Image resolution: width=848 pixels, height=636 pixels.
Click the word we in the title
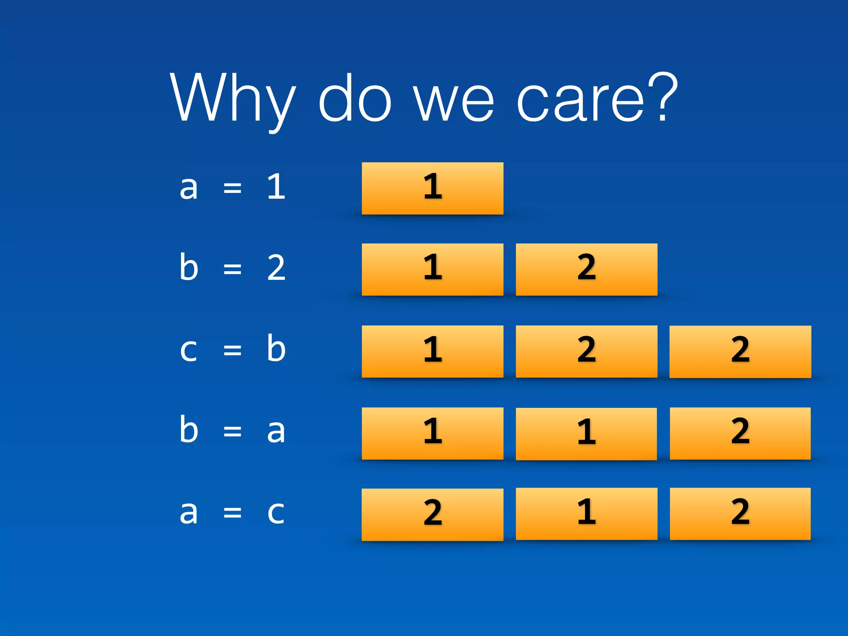tap(454, 101)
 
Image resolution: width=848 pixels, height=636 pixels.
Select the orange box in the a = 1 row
tap(432, 188)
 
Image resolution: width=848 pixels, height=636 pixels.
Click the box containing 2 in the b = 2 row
tap(586, 270)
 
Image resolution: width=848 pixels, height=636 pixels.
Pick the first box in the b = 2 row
tap(432, 270)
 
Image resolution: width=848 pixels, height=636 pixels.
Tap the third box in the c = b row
tap(740, 352)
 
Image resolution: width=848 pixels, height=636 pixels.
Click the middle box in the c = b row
tap(586, 352)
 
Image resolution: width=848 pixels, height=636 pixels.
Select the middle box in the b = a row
tap(586, 434)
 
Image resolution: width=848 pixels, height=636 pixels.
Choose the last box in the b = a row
tap(740, 434)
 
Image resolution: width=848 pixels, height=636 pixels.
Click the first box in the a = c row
tap(432, 515)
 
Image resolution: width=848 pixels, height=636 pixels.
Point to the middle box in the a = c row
tap(586, 514)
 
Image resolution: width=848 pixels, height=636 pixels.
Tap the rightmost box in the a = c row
tap(740, 514)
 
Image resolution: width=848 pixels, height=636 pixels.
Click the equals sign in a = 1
tap(232, 188)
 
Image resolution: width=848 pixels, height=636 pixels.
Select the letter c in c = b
tap(188, 350)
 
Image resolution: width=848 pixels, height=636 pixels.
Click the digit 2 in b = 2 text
tap(276, 268)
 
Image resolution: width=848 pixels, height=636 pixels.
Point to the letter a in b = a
tap(276, 431)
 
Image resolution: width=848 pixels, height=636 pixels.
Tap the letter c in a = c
tap(276, 513)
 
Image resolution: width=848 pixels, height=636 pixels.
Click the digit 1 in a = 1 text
tap(276, 187)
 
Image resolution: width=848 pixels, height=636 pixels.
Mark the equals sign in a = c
tap(232, 513)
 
